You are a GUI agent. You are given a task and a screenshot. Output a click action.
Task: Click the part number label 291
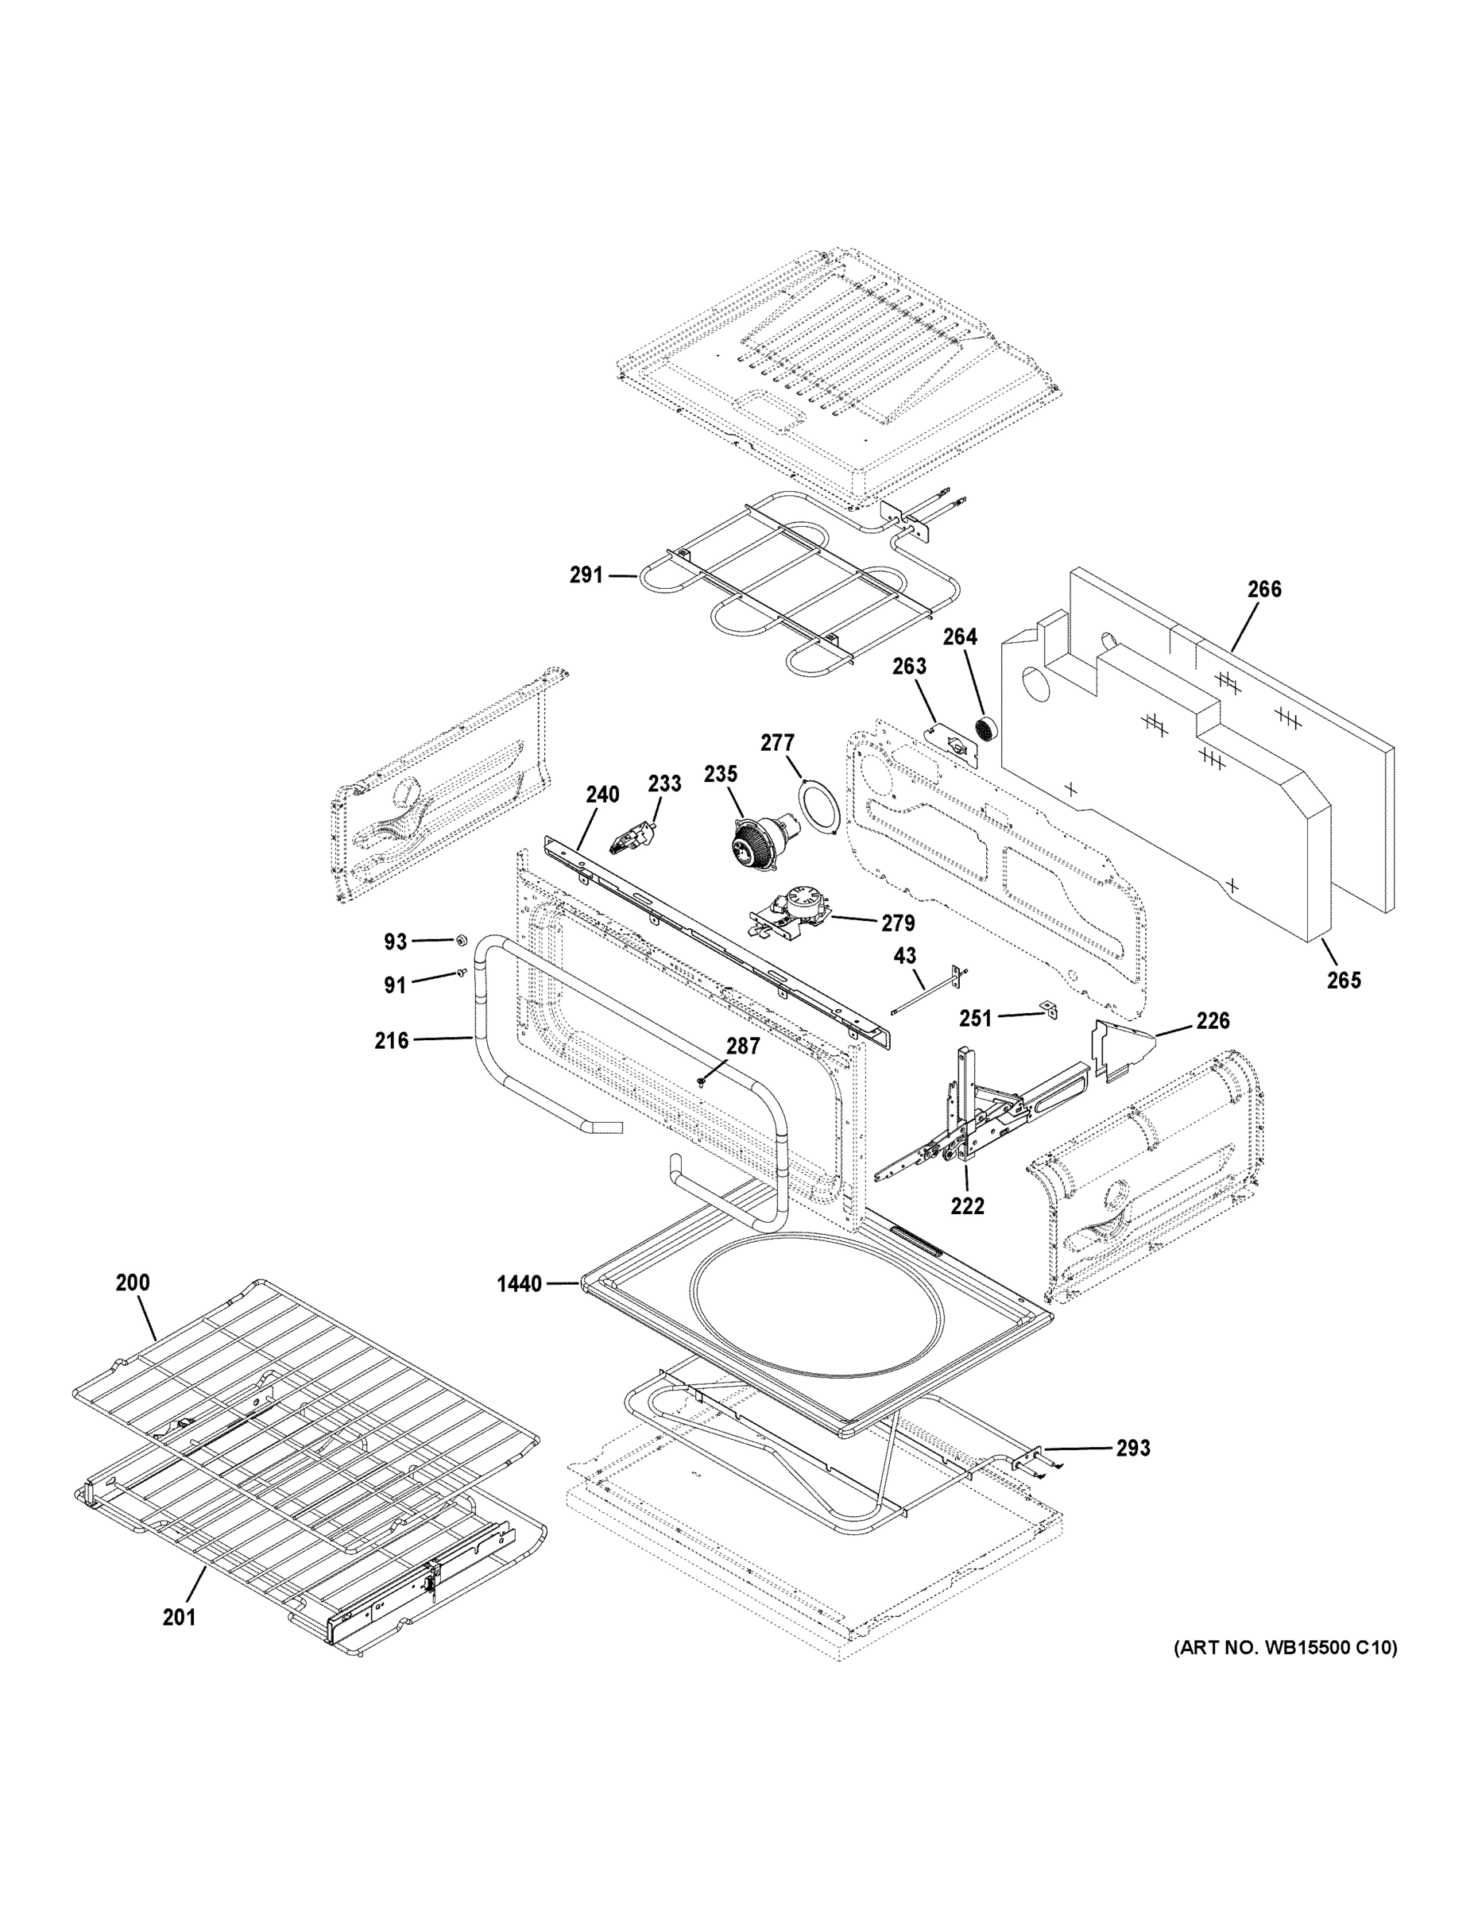click(x=586, y=575)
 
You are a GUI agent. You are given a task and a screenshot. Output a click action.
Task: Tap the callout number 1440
click(x=519, y=1284)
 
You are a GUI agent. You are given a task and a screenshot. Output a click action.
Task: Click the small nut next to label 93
click(x=459, y=941)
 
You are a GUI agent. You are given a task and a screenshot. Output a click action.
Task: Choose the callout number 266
click(x=1263, y=590)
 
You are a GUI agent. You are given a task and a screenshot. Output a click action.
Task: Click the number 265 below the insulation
click(x=1343, y=981)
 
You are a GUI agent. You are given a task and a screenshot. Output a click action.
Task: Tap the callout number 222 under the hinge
click(x=968, y=1206)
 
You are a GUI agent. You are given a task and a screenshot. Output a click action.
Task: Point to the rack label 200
click(x=133, y=1282)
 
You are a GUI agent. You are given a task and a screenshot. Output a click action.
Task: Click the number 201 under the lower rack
click(x=179, y=1617)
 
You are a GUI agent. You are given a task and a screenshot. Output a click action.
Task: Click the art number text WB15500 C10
click(x=1283, y=1648)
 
